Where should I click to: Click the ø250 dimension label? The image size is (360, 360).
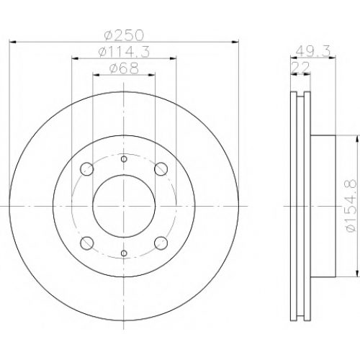click(x=124, y=35)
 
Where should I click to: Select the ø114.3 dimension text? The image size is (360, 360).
click(x=124, y=52)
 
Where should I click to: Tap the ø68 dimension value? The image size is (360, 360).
click(x=124, y=68)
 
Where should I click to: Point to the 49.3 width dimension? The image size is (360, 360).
click(x=312, y=51)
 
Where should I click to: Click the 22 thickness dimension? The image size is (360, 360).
click(x=300, y=68)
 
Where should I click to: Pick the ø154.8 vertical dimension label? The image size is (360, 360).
click(x=350, y=206)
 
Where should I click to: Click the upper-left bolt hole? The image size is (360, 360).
click(x=86, y=169)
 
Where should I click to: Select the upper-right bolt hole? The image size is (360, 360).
click(x=161, y=169)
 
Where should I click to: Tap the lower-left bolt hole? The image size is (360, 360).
click(x=86, y=243)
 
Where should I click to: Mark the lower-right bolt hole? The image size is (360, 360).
click(x=161, y=243)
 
